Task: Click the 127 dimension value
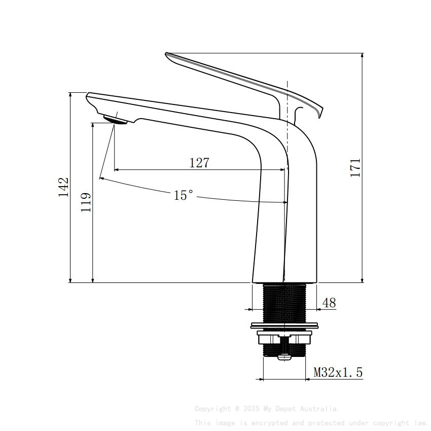pos(199,163)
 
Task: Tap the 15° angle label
pos(184,195)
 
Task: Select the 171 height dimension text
pos(355,167)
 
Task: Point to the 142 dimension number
pos(63,187)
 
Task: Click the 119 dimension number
pos(86,202)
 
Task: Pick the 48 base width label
pos(329,303)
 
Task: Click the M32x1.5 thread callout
pos(338,373)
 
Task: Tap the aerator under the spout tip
pos(115,120)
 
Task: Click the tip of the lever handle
pos(168,55)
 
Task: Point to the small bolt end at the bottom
pos(285,357)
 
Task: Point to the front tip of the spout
pos(89,95)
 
